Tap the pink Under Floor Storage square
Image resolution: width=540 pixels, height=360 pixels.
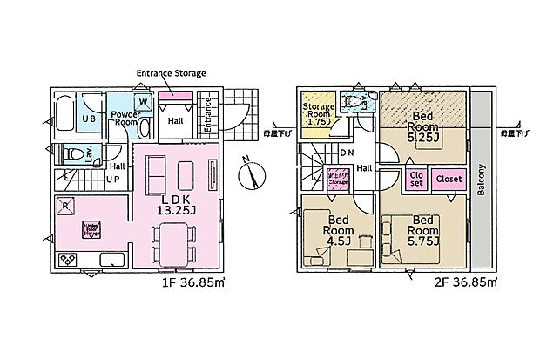click(91, 229)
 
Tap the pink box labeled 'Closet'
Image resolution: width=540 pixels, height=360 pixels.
click(449, 179)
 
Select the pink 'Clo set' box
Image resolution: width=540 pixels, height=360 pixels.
click(416, 179)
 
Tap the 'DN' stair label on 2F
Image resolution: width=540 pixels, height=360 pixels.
click(347, 153)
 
